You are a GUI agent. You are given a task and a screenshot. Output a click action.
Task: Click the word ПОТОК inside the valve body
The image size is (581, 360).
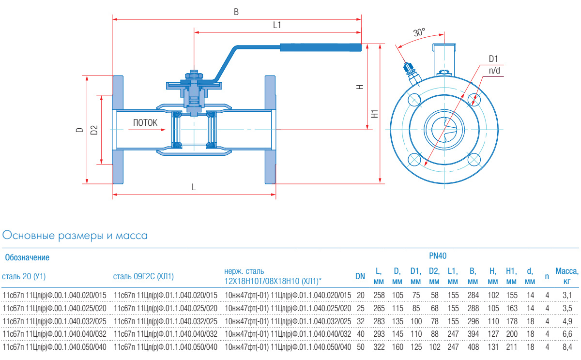145,123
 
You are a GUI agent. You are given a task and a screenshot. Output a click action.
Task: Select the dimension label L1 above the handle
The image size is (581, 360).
277,25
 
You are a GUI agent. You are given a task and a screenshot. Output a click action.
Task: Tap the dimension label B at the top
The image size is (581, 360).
236,12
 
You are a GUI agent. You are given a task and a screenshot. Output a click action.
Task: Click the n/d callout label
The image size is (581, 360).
494,71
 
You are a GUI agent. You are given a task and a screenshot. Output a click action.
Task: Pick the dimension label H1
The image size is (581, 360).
374,115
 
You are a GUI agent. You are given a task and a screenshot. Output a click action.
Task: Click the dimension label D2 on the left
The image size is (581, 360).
94,130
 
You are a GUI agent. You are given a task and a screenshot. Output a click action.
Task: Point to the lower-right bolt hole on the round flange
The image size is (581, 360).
475,159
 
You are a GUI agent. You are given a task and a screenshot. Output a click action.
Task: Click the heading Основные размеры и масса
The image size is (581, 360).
75,236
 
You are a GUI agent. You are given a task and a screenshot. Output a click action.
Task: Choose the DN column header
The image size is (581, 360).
360,276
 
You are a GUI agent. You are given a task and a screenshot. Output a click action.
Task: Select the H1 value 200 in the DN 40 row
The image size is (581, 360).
511,333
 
